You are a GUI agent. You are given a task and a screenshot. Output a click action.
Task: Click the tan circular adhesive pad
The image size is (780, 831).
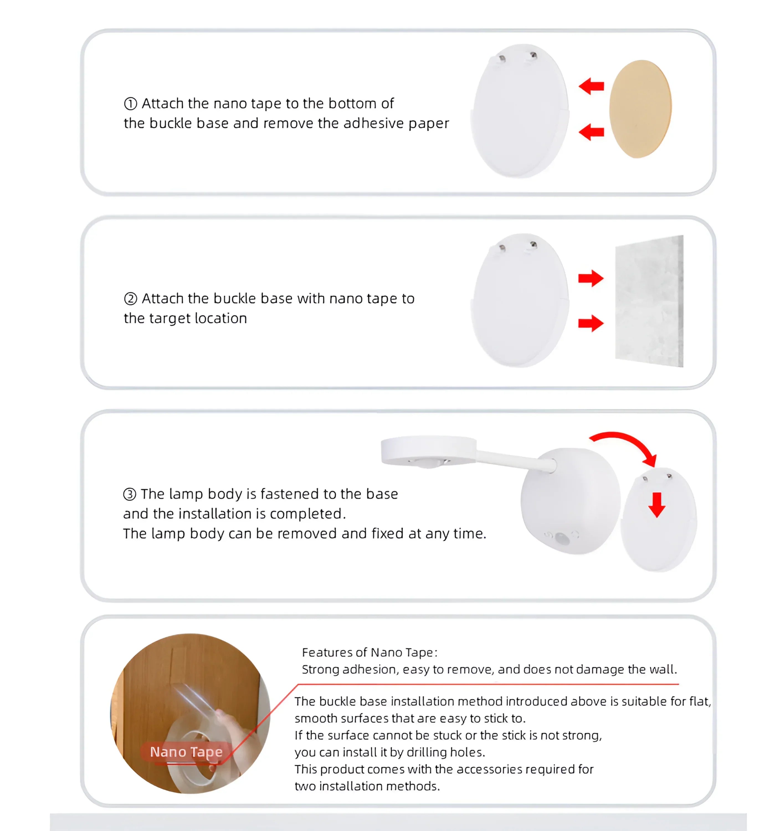point(640,109)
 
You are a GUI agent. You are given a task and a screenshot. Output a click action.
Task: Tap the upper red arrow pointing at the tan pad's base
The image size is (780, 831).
point(591,86)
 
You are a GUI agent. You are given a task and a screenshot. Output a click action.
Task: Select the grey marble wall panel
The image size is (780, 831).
point(649,301)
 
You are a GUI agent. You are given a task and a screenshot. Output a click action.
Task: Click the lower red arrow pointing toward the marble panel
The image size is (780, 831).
point(591,323)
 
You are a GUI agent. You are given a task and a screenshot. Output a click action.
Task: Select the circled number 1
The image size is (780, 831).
point(130,103)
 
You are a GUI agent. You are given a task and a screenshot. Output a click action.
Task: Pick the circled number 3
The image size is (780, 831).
point(130,494)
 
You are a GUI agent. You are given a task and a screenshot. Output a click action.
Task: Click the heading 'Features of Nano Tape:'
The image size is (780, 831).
point(370,653)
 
